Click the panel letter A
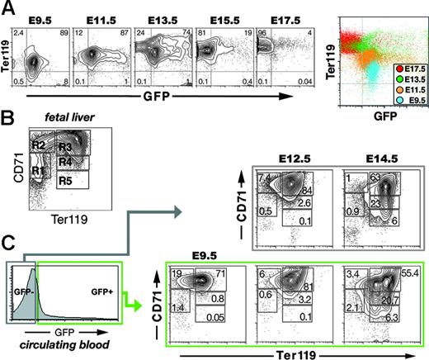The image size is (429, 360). click(9, 9)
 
